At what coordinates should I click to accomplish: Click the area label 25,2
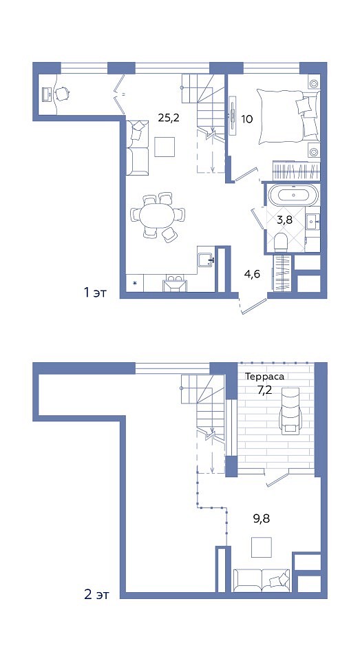tap(169, 118)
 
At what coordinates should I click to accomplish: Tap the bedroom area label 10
tap(247, 119)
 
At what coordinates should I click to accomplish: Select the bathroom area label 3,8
tap(286, 220)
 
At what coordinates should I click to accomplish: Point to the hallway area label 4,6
tap(252, 275)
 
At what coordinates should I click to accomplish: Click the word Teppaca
tap(265, 377)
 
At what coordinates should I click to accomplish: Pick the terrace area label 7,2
tap(265, 389)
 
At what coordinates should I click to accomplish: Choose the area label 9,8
tap(262, 518)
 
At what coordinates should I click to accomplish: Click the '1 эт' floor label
tap(95, 292)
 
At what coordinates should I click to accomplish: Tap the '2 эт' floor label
tap(96, 595)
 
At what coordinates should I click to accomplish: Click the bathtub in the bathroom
tap(293, 195)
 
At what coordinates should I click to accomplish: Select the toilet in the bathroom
tap(280, 242)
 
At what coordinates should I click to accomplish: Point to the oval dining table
tap(156, 216)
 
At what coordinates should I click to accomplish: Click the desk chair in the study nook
tap(61, 94)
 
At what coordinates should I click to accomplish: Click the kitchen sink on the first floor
tap(207, 260)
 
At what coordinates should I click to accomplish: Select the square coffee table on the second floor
tap(262, 547)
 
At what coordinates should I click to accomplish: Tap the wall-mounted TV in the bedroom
tap(233, 115)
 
